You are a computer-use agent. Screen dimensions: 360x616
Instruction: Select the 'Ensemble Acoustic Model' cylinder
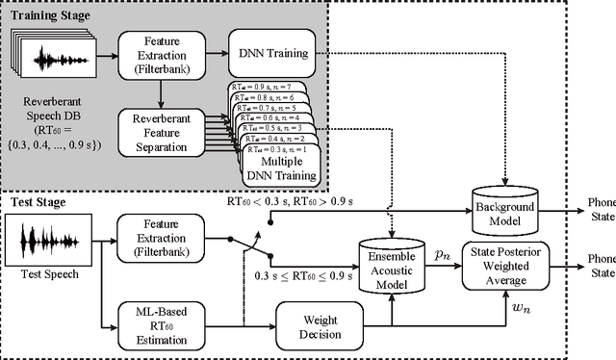tap(392, 264)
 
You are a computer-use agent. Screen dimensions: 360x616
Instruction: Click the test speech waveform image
tap(46, 240)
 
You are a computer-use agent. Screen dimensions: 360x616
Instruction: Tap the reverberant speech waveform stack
tap(53, 58)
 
